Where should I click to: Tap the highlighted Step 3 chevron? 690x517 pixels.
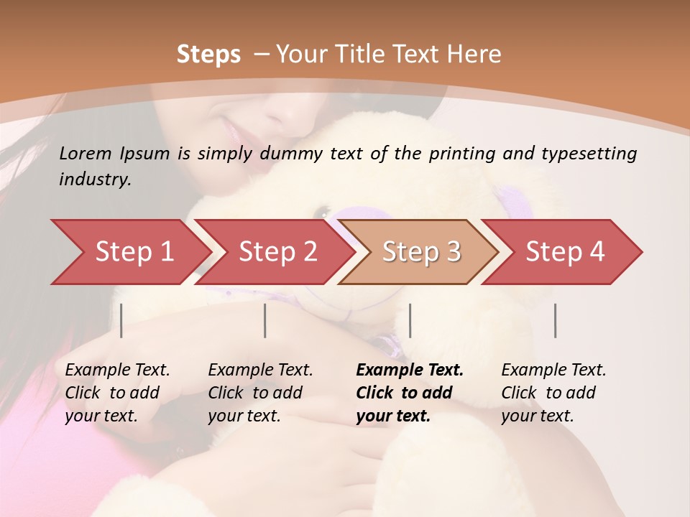point(421,252)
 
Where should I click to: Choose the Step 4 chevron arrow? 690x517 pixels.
point(565,252)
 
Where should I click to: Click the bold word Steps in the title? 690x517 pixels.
point(208,54)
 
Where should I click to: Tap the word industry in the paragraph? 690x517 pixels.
point(95,180)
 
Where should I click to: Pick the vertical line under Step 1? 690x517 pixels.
point(121,320)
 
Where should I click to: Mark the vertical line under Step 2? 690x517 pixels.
point(265,320)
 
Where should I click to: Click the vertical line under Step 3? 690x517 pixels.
point(410,320)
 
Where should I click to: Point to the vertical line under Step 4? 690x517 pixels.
point(555,320)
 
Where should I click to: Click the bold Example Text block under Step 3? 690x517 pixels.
point(410,393)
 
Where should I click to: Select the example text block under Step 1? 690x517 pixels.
point(117,393)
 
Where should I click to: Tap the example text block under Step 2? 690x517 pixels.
point(260,393)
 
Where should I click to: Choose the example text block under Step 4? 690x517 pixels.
point(553,393)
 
